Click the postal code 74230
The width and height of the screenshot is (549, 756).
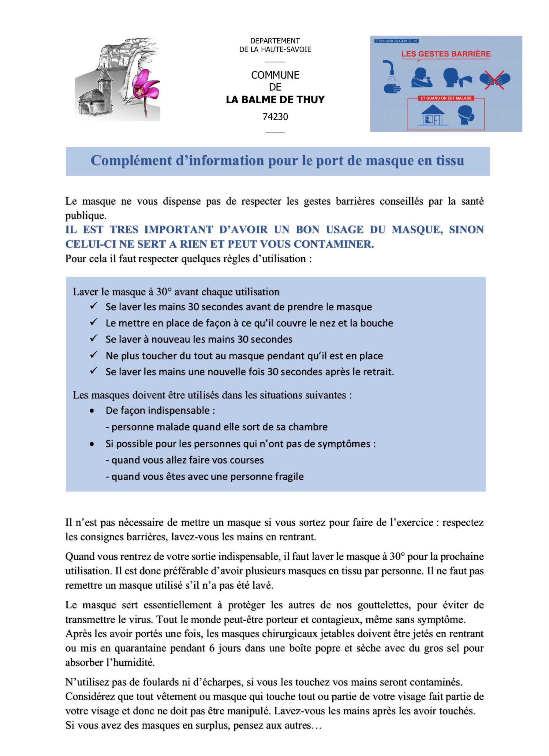(x=275, y=117)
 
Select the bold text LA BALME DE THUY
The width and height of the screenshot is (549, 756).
(x=275, y=100)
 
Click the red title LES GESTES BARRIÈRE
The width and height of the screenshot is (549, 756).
(x=446, y=54)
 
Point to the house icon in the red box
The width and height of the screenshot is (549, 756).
(x=432, y=115)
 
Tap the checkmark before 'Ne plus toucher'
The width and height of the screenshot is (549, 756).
(x=94, y=355)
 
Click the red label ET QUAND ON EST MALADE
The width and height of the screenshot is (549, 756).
(x=446, y=98)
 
